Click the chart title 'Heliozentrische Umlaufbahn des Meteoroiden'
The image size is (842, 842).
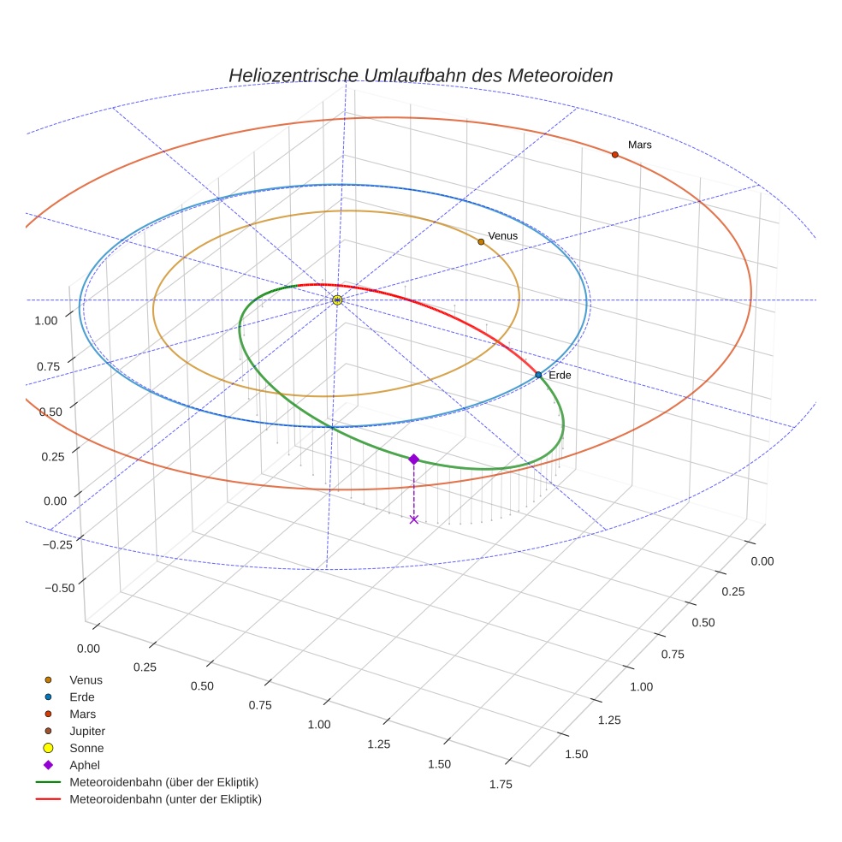(420, 75)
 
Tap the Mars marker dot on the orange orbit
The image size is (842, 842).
(614, 155)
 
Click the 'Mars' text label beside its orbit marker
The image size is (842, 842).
(639, 145)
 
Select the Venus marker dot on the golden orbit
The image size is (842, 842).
(481, 242)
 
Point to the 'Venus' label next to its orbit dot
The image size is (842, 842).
(503, 235)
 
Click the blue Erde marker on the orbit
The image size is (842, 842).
(538, 375)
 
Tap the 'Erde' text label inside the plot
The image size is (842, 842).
(560, 375)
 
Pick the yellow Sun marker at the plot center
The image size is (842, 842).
(337, 299)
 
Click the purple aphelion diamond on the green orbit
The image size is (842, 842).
(414, 460)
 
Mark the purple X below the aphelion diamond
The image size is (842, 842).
(414, 519)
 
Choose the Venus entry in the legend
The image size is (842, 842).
(86, 679)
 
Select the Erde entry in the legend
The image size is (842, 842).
(82, 697)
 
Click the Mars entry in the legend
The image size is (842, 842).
(83, 714)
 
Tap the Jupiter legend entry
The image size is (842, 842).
(87, 731)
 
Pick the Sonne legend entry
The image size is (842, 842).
(86, 748)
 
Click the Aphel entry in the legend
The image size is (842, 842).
(85, 765)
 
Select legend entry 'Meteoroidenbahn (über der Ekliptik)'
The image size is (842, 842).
(163, 782)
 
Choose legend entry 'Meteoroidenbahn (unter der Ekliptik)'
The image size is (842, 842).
(165, 799)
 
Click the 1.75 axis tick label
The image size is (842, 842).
(500, 784)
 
